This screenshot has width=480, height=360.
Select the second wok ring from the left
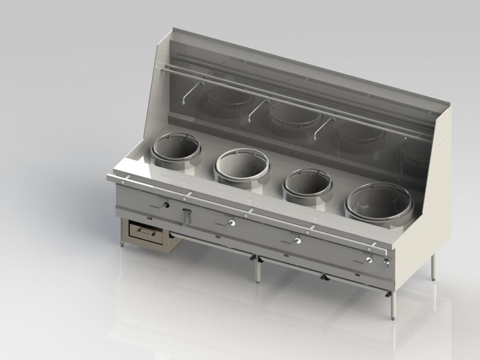click(242, 165)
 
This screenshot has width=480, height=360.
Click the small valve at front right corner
click(386, 264)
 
